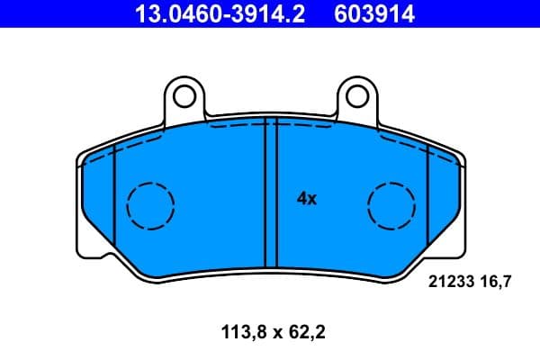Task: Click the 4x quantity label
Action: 307,199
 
